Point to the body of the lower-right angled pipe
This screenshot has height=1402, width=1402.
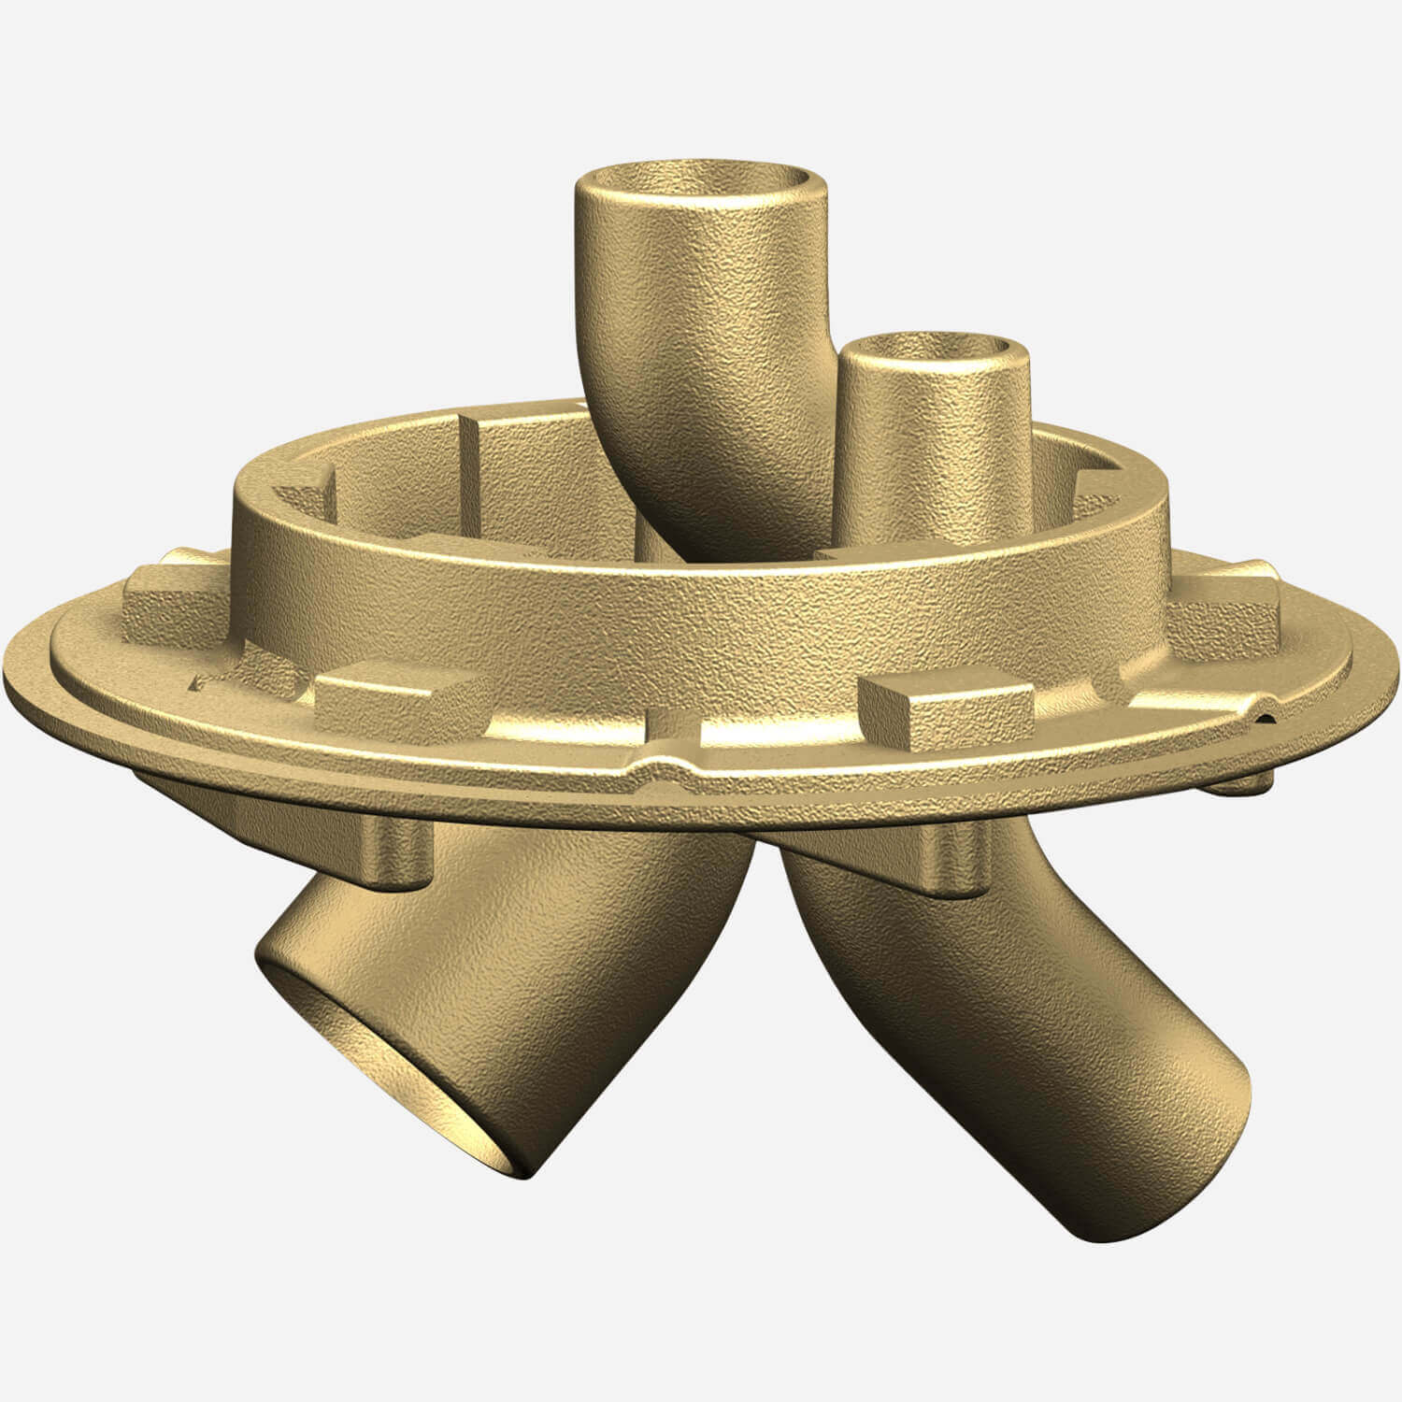pyautogui.click(x=981, y=1009)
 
